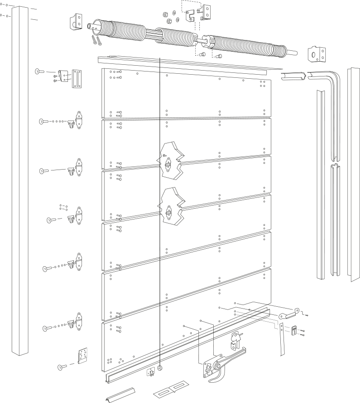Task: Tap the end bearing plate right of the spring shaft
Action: point(315,55)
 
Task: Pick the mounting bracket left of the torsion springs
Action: point(76,22)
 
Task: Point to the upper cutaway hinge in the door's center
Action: point(167,160)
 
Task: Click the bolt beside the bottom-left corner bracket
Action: point(62,367)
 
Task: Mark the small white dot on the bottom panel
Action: point(122,360)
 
